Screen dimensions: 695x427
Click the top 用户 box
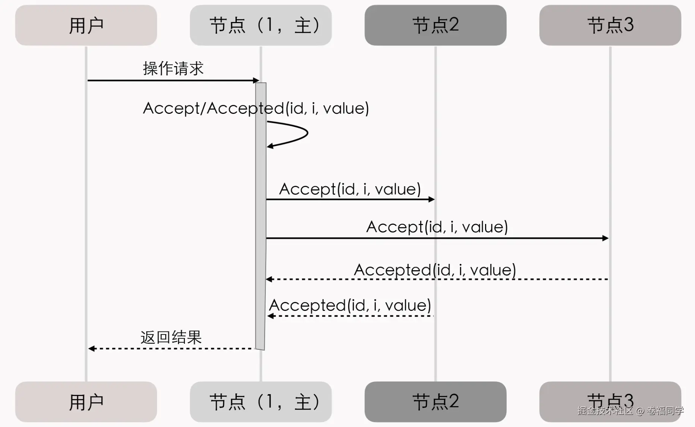point(86,25)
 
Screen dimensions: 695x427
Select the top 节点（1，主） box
point(261,25)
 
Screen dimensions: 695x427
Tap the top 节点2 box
point(435,25)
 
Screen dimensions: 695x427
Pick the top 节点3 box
point(610,25)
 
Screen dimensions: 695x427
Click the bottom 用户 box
point(86,402)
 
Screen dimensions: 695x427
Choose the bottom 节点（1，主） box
point(261,402)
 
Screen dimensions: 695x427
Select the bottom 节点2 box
point(435,402)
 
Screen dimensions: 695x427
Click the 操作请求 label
point(173,69)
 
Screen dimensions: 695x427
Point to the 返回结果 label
point(171,337)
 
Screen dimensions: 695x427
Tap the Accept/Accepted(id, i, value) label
point(256,108)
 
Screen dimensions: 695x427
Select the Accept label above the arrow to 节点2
point(350,189)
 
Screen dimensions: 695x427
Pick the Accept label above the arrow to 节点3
point(437,227)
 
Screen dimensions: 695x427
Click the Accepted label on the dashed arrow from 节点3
point(435,270)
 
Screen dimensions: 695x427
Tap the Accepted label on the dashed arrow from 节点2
point(350,305)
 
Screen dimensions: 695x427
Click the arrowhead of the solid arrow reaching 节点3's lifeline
point(606,238)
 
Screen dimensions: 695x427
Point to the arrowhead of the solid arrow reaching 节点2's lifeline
point(432,199)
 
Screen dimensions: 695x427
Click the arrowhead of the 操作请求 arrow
point(256,80)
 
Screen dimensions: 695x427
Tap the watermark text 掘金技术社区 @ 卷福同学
point(630,411)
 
